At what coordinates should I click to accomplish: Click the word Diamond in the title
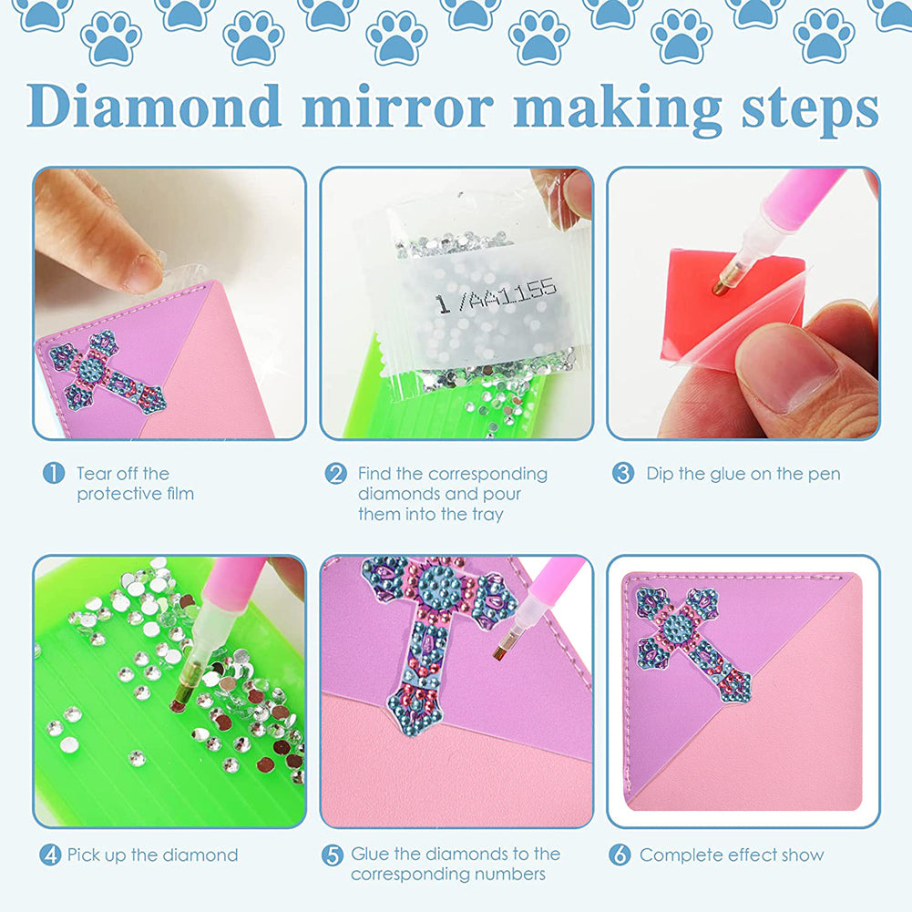point(154,106)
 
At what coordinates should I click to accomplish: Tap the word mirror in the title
point(397,106)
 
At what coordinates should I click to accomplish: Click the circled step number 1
point(54,474)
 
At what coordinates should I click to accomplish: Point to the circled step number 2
point(336,474)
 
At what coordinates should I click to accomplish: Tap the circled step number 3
point(622,474)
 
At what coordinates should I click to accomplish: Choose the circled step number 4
point(50,855)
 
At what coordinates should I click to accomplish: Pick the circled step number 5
point(333,855)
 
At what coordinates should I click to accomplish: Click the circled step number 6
point(620,855)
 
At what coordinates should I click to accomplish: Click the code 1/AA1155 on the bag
point(496,295)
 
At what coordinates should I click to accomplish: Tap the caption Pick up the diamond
point(152,855)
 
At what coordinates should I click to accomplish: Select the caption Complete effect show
point(731,855)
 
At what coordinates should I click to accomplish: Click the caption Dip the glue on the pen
point(743,474)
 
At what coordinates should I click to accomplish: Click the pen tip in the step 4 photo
point(179,703)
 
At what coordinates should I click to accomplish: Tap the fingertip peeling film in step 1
point(137,269)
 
